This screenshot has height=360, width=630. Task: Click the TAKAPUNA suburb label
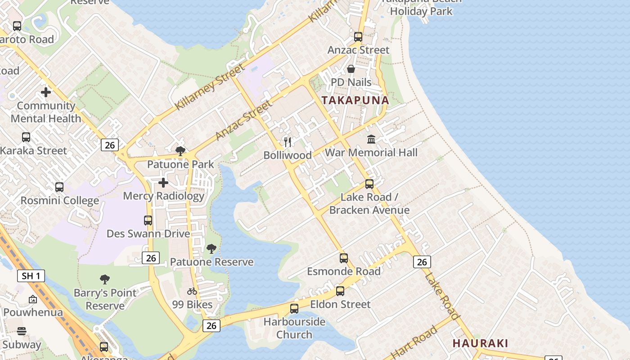[355, 100]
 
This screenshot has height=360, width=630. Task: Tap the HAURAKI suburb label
[480, 343]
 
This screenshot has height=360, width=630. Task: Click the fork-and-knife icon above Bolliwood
[288, 142]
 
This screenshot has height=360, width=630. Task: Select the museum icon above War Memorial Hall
[371, 139]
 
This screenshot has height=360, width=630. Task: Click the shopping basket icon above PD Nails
[351, 69]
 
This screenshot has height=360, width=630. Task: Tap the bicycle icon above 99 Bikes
[192, 291]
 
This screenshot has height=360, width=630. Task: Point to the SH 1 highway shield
[31, 276]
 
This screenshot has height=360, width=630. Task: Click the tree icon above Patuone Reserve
[211, 248]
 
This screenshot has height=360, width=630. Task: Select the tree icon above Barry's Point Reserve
[105, 279]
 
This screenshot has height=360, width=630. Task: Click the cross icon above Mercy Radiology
[163, 183]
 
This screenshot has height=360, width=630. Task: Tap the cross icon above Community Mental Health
[45, 92]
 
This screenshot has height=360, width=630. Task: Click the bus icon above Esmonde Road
[344, 258]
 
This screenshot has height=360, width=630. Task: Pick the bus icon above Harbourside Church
[294, 309]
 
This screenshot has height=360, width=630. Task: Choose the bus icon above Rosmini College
[59, 187]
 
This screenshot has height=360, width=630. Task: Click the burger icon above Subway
[22, 332]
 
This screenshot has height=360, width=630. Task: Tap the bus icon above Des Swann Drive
[148, 220]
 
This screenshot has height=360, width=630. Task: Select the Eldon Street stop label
[340, 304]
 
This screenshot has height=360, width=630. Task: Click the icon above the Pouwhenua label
[33, 299]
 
